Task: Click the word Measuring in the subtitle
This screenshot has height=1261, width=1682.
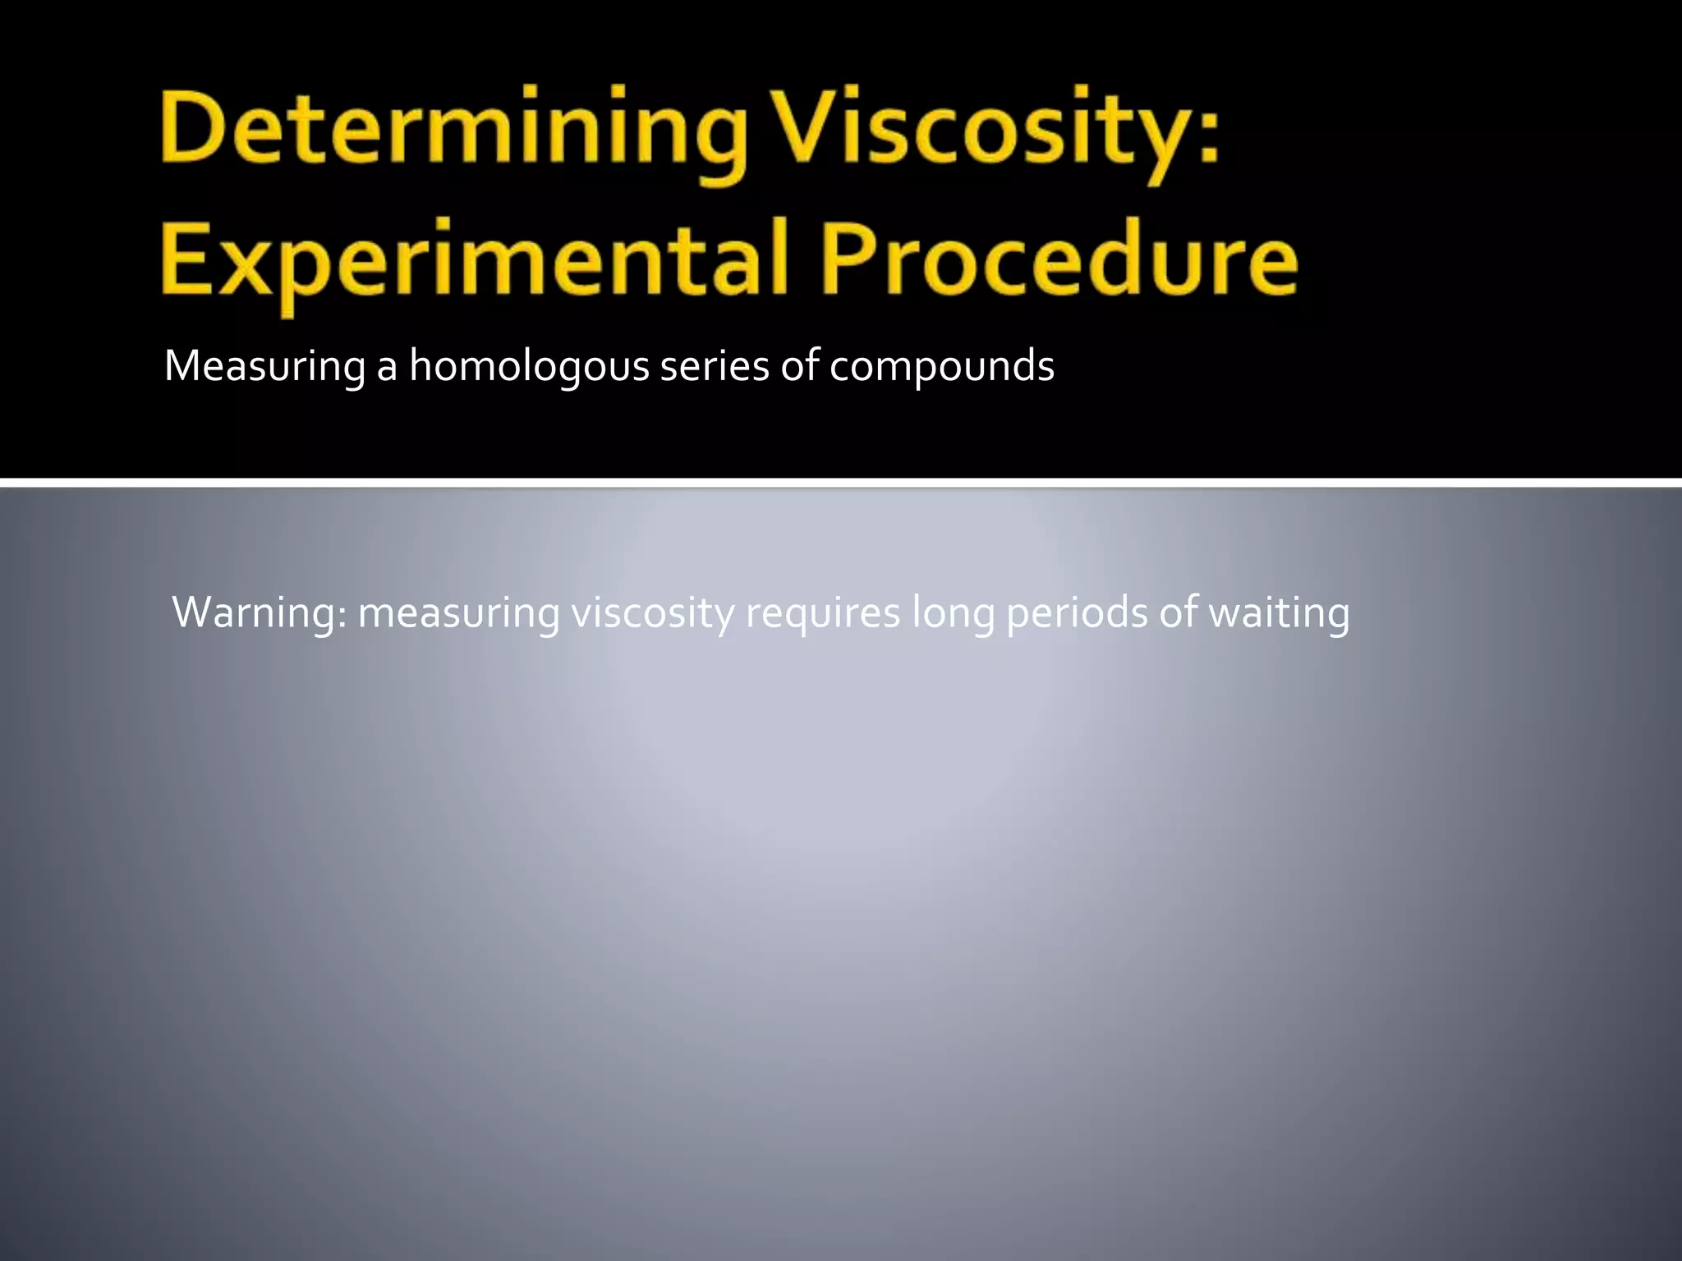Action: click(264, 366)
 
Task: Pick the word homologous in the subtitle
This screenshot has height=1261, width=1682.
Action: click(529, 366)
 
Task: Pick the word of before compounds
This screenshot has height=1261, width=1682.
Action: click(800, 366)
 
